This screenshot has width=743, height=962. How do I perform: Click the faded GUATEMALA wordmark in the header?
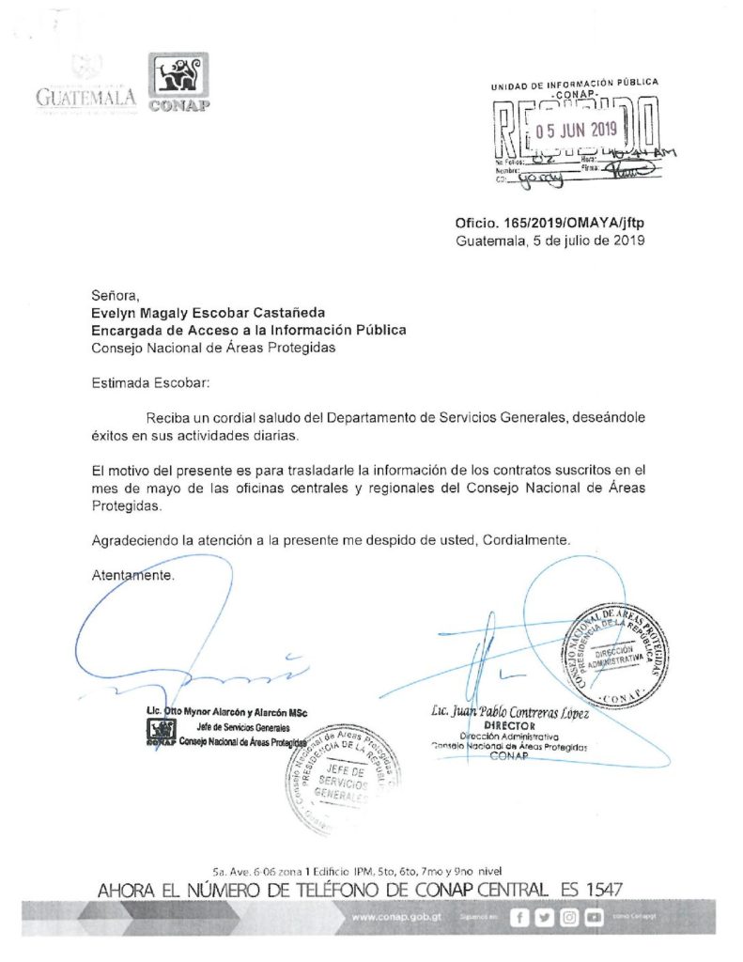point(86,95)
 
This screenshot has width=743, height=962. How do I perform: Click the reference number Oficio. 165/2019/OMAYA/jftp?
point(550,223)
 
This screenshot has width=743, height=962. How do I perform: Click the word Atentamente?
point(132,574)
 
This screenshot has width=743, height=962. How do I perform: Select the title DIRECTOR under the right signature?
point(508,727)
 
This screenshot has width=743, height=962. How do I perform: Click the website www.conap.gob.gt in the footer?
point(404,917)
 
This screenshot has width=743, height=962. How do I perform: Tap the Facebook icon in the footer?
point(519,918)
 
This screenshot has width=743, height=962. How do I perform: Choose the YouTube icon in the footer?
point(592,918)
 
